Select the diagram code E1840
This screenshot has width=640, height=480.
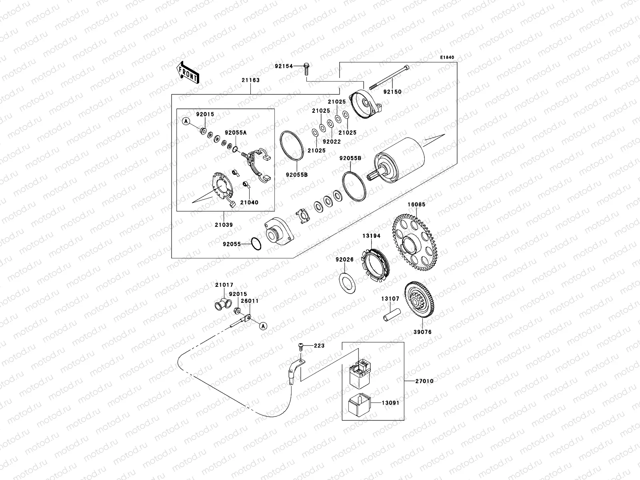pos(448,58)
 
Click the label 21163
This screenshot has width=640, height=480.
pos(250,80)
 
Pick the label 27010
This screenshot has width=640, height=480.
pos(425,381)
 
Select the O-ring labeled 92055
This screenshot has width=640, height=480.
pos(256,244)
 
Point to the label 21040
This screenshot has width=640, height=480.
pos(249,202)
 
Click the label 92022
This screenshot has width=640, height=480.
pos(332,141)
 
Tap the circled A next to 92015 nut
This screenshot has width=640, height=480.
pos(187,121)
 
